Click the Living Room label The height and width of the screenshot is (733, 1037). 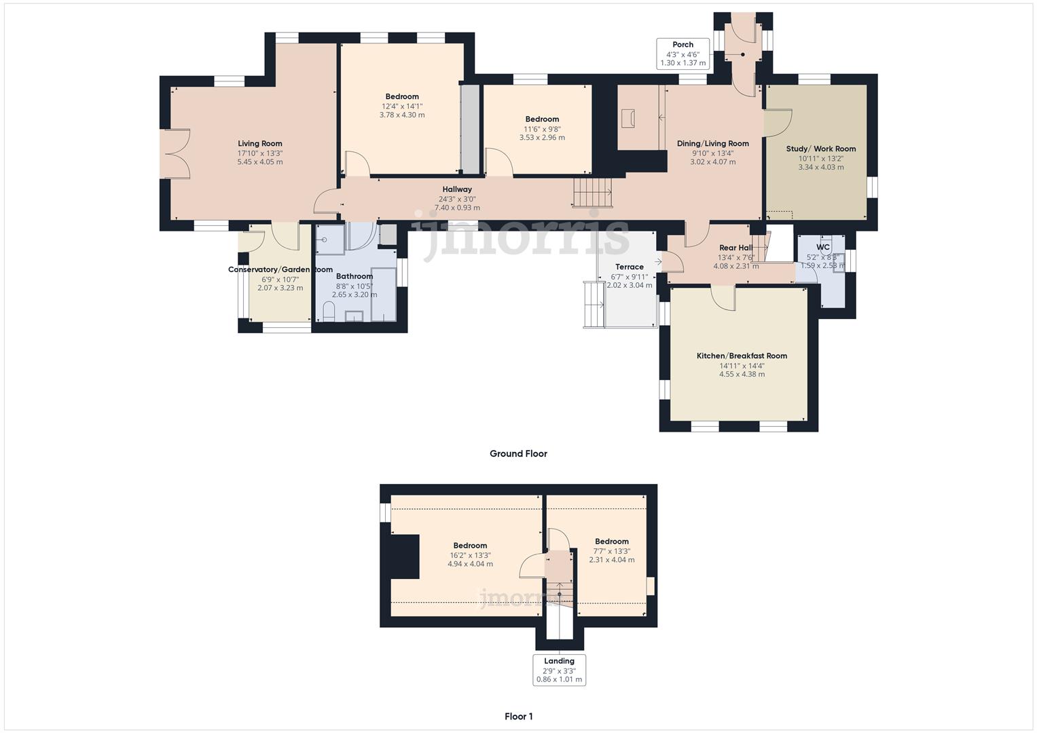click(259, 143)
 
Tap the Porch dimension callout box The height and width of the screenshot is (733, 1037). click(683, 54)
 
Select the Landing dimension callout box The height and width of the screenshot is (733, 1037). click(559, 670)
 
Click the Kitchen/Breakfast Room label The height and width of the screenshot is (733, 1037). click(742, 356)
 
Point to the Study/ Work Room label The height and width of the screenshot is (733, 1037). click(820, 149)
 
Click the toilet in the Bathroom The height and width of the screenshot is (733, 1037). click(329, 312)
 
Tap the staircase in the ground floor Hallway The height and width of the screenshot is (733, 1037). click(592, 192)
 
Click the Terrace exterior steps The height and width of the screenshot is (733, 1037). click(593, 305)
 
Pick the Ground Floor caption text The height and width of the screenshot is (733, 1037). click(518, 453)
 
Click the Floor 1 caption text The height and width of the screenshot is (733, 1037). click(518, 716)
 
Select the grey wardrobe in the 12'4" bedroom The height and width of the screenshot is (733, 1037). click(469, 128)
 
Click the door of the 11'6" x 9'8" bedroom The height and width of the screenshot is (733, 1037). click(498, 162)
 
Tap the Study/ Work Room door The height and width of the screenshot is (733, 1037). click(778, 123)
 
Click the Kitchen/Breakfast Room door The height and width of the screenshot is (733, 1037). click(723, 298)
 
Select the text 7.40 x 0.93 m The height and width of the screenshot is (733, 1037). click(456, 208)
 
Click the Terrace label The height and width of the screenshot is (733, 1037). click(629, 267)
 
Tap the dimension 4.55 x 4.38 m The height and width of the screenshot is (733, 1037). click(742, 374)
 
